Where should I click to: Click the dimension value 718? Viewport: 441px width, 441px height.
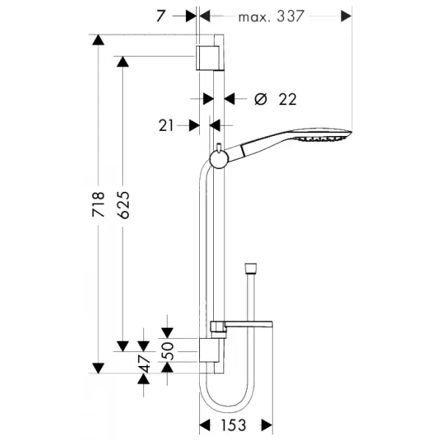[98, 204]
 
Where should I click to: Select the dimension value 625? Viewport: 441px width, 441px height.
[123, 205]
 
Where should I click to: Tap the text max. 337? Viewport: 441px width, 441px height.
[271, 16]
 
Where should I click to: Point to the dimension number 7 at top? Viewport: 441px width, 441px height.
[160, 16]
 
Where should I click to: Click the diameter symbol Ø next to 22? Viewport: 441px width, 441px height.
[260, 99]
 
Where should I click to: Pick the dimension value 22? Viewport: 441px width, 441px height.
[287, 99]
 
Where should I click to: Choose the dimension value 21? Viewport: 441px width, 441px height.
[166, 126]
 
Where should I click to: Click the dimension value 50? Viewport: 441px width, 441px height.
[169, 351]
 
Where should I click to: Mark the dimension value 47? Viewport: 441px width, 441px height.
[146, 363]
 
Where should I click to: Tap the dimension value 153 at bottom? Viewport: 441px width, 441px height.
[234, 425]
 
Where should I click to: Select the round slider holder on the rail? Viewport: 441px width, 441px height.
[218, 159]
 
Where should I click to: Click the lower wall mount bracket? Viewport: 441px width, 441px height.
[209, 350]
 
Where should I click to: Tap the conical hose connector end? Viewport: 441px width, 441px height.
[251, 268]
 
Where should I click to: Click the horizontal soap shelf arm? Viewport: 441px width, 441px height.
[248, 323]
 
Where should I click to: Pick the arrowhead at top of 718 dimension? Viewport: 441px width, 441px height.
[98, 40]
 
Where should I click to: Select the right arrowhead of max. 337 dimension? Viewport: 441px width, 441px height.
[346, 16]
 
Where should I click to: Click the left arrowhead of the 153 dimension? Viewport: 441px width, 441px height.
[205, 425]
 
